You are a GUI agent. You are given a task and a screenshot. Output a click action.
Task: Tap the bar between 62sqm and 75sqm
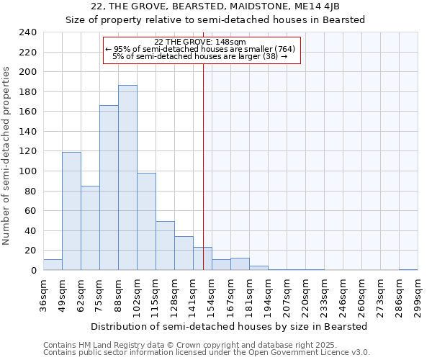coord(90,228)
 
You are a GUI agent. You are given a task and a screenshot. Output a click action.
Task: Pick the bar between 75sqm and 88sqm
coord(109,188)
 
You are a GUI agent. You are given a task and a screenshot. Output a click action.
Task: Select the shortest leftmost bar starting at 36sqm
coord(53,265)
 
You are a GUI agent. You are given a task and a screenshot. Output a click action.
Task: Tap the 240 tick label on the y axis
coord(27,32)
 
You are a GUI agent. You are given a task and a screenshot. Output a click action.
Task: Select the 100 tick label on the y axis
coord(27,171)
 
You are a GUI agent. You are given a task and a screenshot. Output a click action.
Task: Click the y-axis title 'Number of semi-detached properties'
coord(7,155)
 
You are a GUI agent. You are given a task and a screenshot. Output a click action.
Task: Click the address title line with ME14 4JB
coord(216,6)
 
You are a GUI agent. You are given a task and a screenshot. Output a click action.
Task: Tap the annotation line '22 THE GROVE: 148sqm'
coord(200,42)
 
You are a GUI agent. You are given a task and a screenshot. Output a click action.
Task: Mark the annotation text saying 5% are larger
coord(200,56)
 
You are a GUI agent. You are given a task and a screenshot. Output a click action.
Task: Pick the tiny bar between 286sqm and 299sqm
coord(408,269)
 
